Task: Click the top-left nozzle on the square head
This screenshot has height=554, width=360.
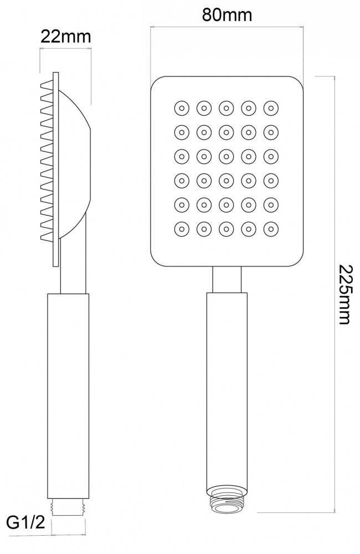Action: click(x=181, y=107)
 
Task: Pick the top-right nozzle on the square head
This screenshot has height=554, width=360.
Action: click(x=271, y=107)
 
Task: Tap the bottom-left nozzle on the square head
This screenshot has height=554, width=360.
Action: click(x=181, y=228)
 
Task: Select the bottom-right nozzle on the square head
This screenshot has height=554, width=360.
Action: click(x=271, y=228)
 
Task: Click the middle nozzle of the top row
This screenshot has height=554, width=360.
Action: click(x=227, y=107)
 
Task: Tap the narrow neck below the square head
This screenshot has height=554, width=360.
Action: click(x=227, y=280)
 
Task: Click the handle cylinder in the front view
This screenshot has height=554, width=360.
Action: click(x=227, y=388)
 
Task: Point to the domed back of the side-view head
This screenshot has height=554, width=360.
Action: click(x=78, y=161)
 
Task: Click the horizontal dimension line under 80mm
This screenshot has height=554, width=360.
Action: click(x=227, y=26)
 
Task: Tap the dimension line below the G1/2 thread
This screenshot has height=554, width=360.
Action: click(x=69, y=535)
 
